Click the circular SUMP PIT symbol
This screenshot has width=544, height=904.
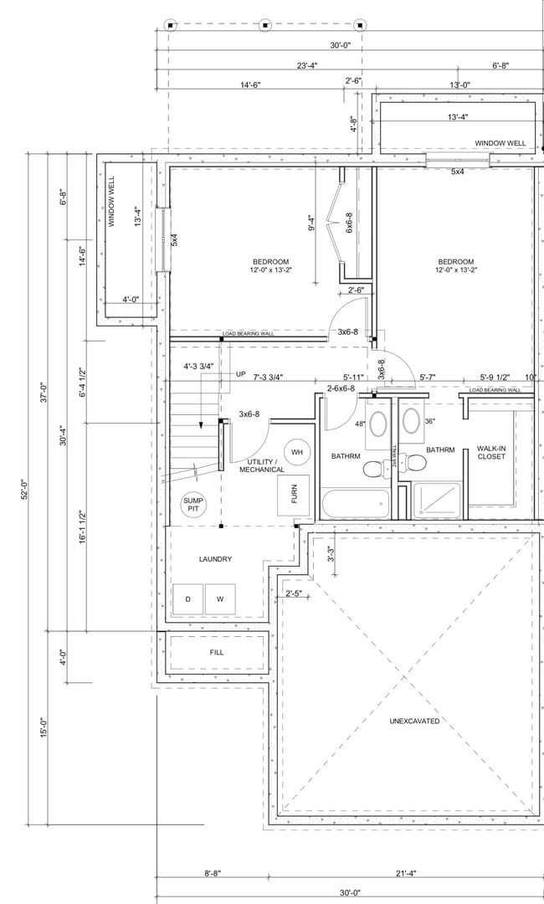pyautogui.click(x=193, y=505)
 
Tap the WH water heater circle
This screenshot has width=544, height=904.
pyautogui.click(x=296, y=453)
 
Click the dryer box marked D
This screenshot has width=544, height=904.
pyautogui.click(x=187, y=598)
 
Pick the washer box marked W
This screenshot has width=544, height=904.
pyautogui.click(x=220, y=598)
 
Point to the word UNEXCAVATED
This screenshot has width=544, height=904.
pyautogui.click(x=414, y=721)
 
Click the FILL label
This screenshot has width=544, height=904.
pyautogui.click(x=217, y=651)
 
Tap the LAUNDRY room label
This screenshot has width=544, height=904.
pyautogui.click(x=215, y=559)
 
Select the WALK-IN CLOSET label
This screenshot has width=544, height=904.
pyautogui.click(x=492, y=452)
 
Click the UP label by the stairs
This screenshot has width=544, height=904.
pyautogui.click(x=241, y=374)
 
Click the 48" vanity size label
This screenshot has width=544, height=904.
pyautogui.click(x=360, y=424)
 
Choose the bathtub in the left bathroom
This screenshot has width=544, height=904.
pyautogui.click(x=356, y=504)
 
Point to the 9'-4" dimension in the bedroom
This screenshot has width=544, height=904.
pyautogui.click(x=312, y=223)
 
